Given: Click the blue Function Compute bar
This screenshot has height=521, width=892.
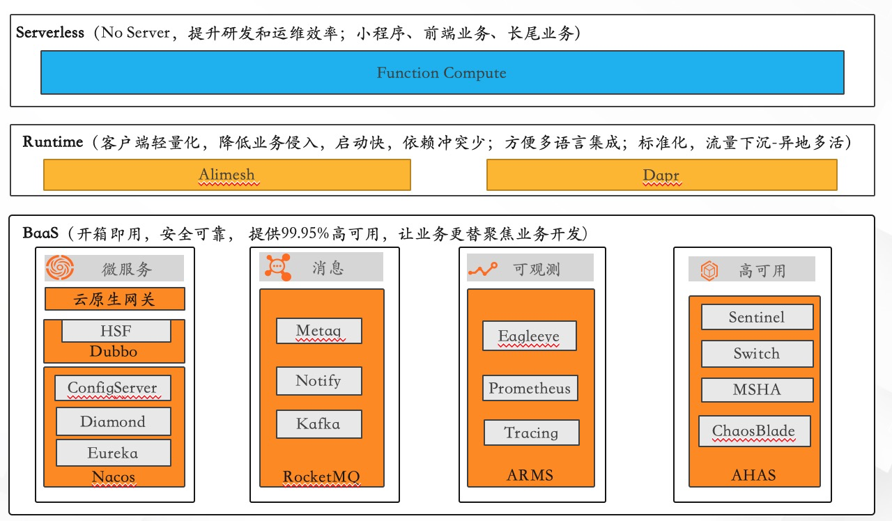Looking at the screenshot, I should coord(442,72).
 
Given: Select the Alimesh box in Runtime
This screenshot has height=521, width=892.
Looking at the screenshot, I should coord(226,175).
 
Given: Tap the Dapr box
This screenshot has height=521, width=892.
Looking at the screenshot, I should coord(661,175).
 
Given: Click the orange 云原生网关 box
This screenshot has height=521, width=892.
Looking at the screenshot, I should coord(115,300).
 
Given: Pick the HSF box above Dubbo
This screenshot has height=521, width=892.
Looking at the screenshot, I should coord(116,331).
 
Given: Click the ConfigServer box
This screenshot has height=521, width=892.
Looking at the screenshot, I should coord(113,388).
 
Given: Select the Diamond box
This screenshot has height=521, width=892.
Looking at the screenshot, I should coord(113,421).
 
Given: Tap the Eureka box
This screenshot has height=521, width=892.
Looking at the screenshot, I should coord(113,453).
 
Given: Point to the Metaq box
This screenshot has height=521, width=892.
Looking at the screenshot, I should coord(318,331).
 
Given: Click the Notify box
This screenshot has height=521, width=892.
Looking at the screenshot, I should coord(318,381).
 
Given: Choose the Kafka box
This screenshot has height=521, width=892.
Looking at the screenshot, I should coord(318,423).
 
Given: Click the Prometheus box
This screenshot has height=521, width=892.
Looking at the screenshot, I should coord(530,388).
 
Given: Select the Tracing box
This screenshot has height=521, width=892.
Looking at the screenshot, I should coord(531,433).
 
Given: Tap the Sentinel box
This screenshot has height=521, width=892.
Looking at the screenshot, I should coord(757,317).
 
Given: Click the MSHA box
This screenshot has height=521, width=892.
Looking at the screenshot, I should coord(757,389).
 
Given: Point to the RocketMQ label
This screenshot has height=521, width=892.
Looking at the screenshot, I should coord(321,477).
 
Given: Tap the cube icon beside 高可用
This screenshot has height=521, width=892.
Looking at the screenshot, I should coord(709,270).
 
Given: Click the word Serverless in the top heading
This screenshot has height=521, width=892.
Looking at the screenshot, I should coord(50,32).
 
